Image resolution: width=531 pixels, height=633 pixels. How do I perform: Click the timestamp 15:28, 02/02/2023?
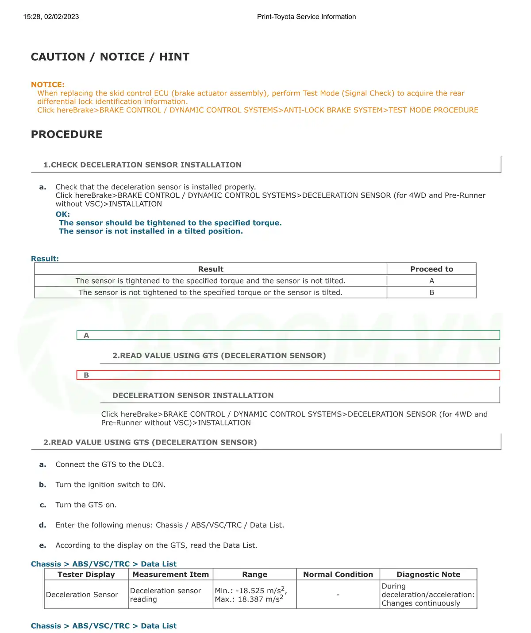[51, 17]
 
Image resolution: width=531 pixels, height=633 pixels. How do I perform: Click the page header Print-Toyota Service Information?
[306, 17]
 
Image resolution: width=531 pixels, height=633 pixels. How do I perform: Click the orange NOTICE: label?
[48, 84]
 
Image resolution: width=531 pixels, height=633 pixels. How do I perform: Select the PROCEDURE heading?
[66, 134]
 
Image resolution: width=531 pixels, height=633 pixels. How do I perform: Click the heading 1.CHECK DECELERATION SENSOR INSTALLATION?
[142, 165]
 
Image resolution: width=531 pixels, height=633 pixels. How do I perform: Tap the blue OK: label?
[63, 214]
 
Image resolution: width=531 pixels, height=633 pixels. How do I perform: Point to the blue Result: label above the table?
[45, 259]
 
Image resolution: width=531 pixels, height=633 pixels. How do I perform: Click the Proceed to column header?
[431, 269]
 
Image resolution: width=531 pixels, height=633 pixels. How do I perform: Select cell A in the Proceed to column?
[431, 281]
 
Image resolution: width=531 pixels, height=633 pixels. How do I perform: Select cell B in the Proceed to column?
[431, 292]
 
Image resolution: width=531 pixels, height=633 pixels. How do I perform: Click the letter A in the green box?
[86, 335]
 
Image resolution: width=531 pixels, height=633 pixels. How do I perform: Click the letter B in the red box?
[86, 375]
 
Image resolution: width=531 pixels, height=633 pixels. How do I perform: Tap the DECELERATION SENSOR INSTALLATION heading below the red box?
[193, 395]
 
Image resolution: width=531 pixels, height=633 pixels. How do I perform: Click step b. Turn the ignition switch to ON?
[110, 485]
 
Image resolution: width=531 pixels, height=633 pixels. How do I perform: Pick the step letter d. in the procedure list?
[42, 525]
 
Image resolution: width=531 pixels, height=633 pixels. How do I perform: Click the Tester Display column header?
[86, 575]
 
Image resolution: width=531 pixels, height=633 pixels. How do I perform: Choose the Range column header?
[254, 575]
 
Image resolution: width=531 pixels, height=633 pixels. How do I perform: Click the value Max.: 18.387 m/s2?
[249, 599]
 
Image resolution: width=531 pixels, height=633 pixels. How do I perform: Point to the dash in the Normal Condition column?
[338, 595]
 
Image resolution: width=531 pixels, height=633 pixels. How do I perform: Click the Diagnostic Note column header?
[428, 575]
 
